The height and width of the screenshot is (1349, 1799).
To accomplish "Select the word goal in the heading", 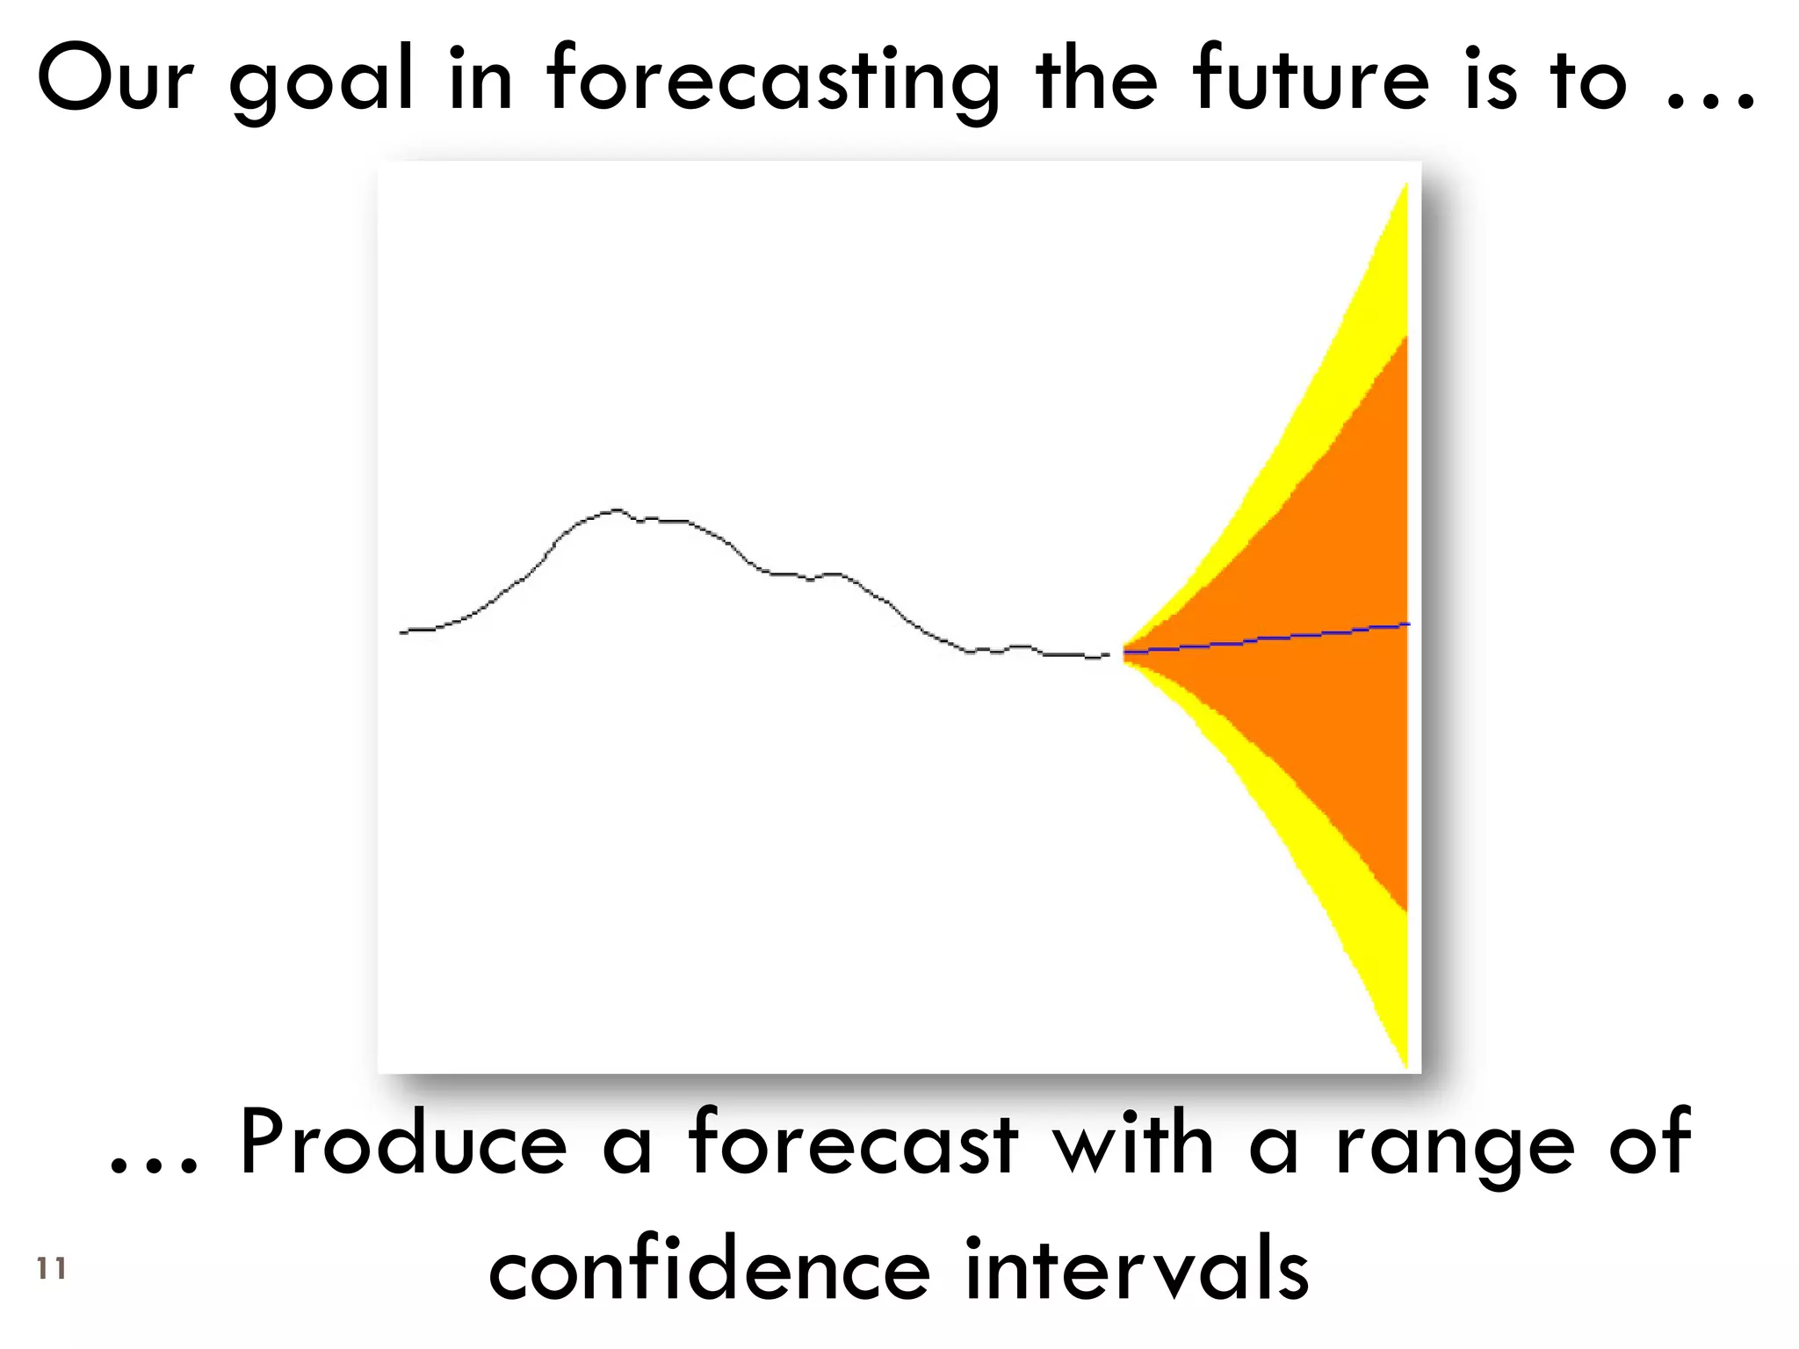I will click(321, 83).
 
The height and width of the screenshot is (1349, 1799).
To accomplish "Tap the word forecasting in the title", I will click(773, 83).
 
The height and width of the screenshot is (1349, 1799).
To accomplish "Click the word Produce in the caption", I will click(404, 1142).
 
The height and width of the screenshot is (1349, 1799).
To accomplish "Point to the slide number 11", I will click(52, 1268).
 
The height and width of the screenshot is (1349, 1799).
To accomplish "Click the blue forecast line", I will click(1274, 638).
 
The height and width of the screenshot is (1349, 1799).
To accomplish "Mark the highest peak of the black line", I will click(617, 509).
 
